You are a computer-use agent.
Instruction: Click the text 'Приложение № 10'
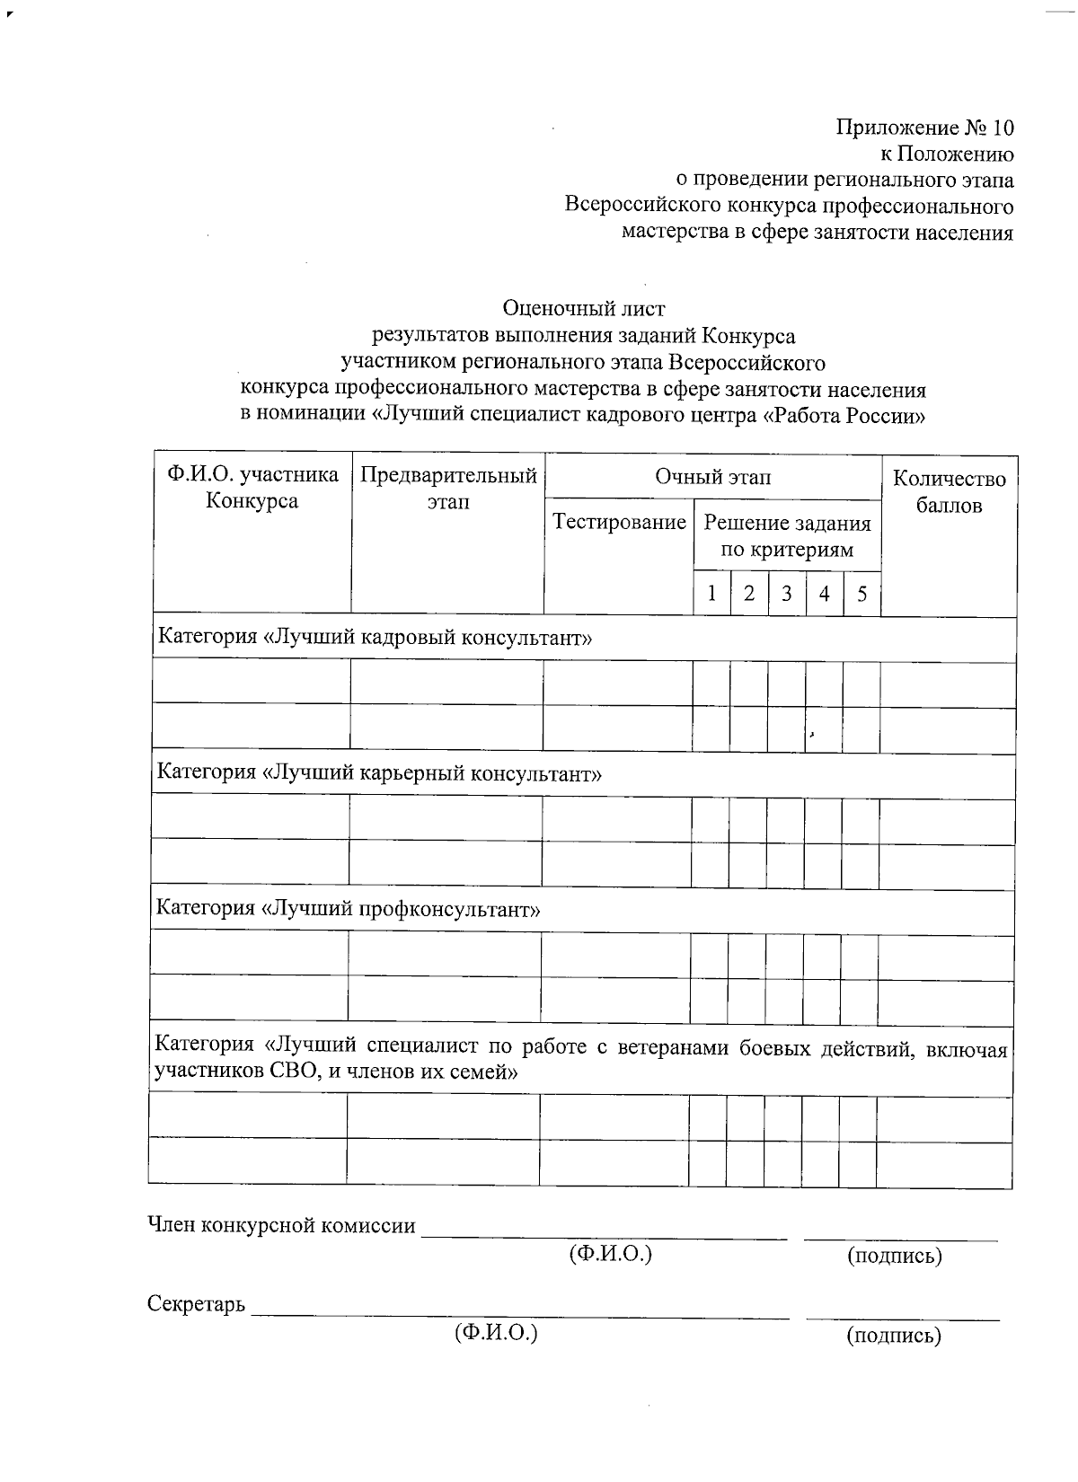coord(924,127)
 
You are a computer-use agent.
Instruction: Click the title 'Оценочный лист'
coord(584,309)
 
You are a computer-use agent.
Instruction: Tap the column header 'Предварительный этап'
coord(447,488)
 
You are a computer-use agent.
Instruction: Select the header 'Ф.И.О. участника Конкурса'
coord(252,488)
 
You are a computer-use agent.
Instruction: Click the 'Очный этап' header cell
coord(712,477)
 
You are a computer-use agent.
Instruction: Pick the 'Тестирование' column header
coord(619,522)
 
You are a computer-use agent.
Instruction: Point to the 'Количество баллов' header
coord(949,491)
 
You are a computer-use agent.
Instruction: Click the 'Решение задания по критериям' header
coord(787,535)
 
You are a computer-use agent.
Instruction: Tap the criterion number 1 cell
coord(711,594)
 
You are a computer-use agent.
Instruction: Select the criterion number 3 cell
coord(787,594)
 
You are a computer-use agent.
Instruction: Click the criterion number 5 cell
coord(862,594)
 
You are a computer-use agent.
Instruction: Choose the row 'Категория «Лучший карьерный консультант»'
coord(379,773)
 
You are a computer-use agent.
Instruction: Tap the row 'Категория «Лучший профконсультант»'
coord(349,908)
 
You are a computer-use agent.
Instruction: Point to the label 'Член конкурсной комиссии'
coord(282,1225)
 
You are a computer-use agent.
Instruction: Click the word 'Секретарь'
coord(196,1304)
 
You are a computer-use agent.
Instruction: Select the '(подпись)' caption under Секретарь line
coord(894,1336)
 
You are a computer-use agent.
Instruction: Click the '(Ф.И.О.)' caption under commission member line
coord(610,1254)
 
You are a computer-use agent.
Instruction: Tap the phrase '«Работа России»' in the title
coord(844,416)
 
